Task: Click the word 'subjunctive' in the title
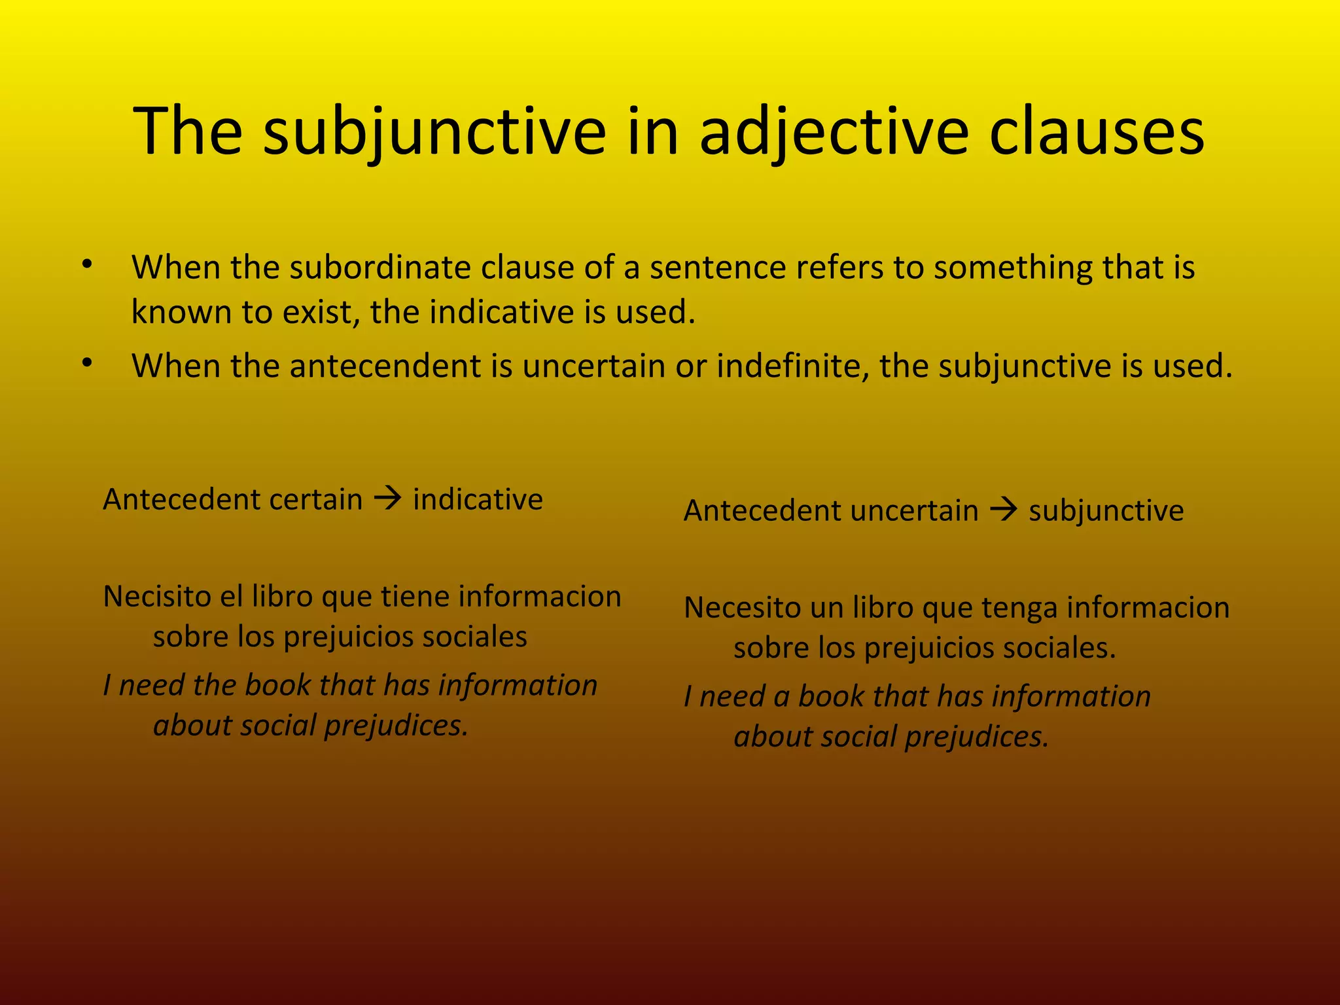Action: click(x=434, y=133)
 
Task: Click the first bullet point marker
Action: click(x=87, y=265)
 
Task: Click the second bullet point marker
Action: click(x=87, y=363)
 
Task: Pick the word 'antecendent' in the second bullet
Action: click(x=385, y=366)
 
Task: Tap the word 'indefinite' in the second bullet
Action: click(x=792, y=366)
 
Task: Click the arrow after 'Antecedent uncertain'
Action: click(x=1003, y=510)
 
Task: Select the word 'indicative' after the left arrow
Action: click(x=478, y=500)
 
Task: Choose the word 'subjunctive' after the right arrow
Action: click(x=1106, y=511)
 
